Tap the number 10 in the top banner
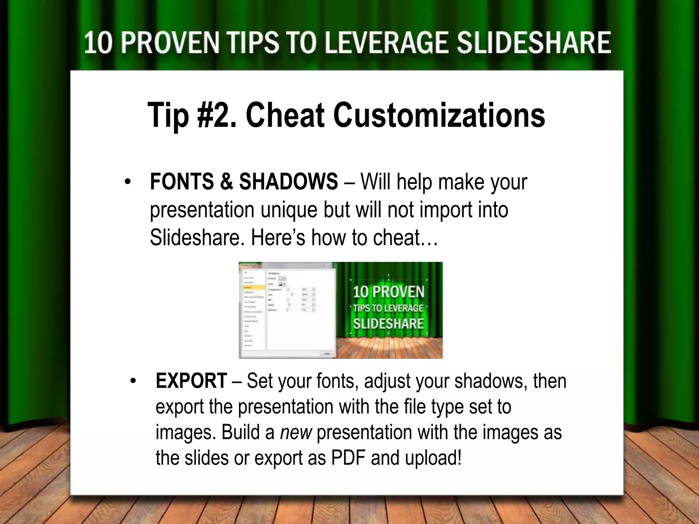click(98, 43)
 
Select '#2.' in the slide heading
click(217, 115)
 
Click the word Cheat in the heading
click(285, 115)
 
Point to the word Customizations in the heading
click(439, 115)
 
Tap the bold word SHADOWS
click(288, 182)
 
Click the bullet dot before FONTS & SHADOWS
click(128, 182)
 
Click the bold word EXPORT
click(191, 381)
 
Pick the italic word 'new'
click(296, 433)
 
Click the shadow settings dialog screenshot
click(287, 310)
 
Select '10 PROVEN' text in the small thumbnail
click(388, 292)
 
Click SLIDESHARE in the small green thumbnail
click(388, 323)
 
